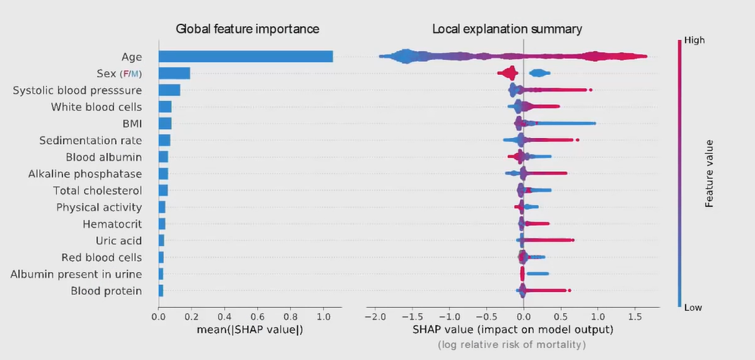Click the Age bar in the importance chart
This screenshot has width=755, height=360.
tap(246, 56)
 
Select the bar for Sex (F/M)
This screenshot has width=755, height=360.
tap(174, 73)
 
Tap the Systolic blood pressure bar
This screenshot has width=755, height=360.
tap(169, 90)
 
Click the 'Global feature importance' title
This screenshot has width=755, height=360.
tap(247, 30)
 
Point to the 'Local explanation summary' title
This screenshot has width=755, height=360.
tap(507, 30)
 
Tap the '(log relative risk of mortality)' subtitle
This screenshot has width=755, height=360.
tap(512, 346)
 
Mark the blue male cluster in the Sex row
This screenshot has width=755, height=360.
tap(539, 73)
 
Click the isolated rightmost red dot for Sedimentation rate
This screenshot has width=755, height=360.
tap(578, 140)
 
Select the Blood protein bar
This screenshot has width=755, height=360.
tap(161, 290)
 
